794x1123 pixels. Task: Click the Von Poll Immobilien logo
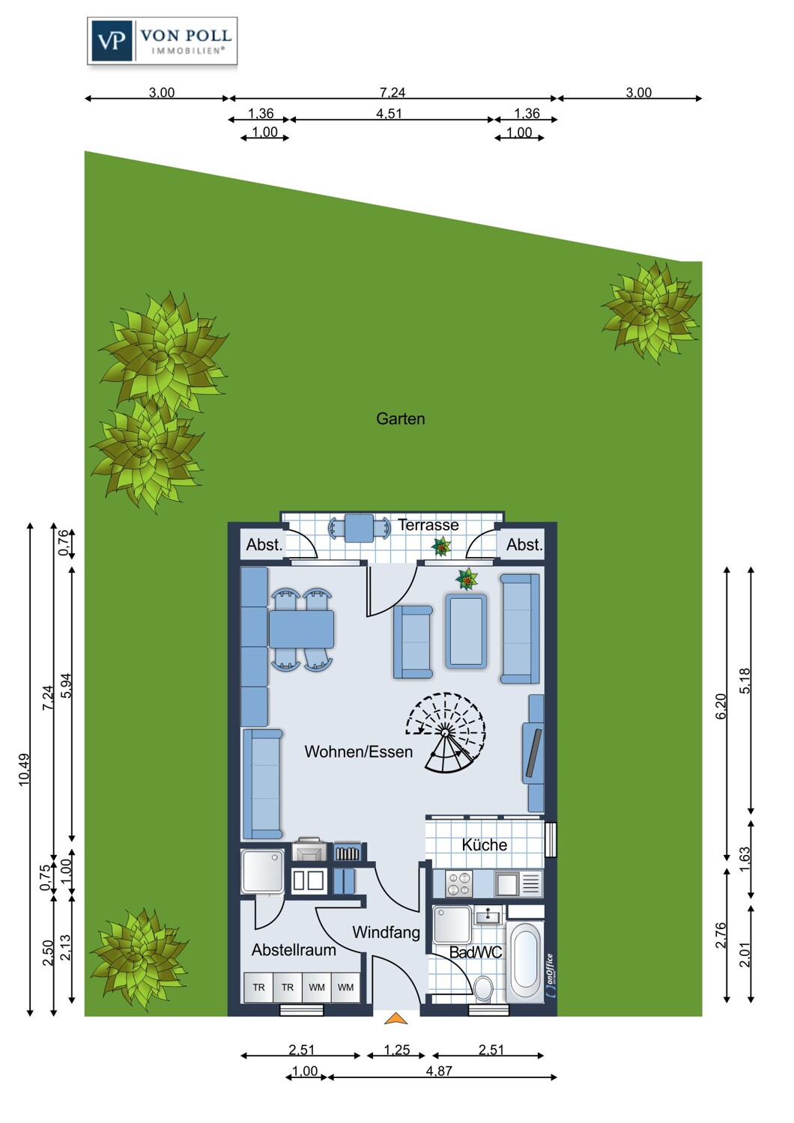(162, 41)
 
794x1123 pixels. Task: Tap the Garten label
(400, 419)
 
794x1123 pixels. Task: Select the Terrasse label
(428, 526)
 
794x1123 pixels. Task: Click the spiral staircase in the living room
(446, 732)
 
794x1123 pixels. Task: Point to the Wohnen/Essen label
(358, 752)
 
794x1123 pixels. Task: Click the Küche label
(484, 845)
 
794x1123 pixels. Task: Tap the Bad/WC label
(475, 952)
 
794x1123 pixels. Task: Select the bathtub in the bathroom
(524, 961)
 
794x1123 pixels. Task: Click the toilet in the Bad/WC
(484, 988)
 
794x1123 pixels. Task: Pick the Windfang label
(386, 932)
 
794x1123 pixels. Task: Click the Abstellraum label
(294, 950)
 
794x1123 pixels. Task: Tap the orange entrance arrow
(396, 1018)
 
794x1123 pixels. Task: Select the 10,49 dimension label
(25, 769)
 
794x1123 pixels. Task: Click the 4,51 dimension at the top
(389, 114)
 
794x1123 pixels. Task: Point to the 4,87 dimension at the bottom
(439, 1071)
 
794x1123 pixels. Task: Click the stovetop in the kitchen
(459, 883)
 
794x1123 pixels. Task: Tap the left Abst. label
(264, 545)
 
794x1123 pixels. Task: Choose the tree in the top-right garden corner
(650, 311)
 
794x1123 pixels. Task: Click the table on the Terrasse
(360, 528)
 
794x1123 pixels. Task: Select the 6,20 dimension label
(721, 706)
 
